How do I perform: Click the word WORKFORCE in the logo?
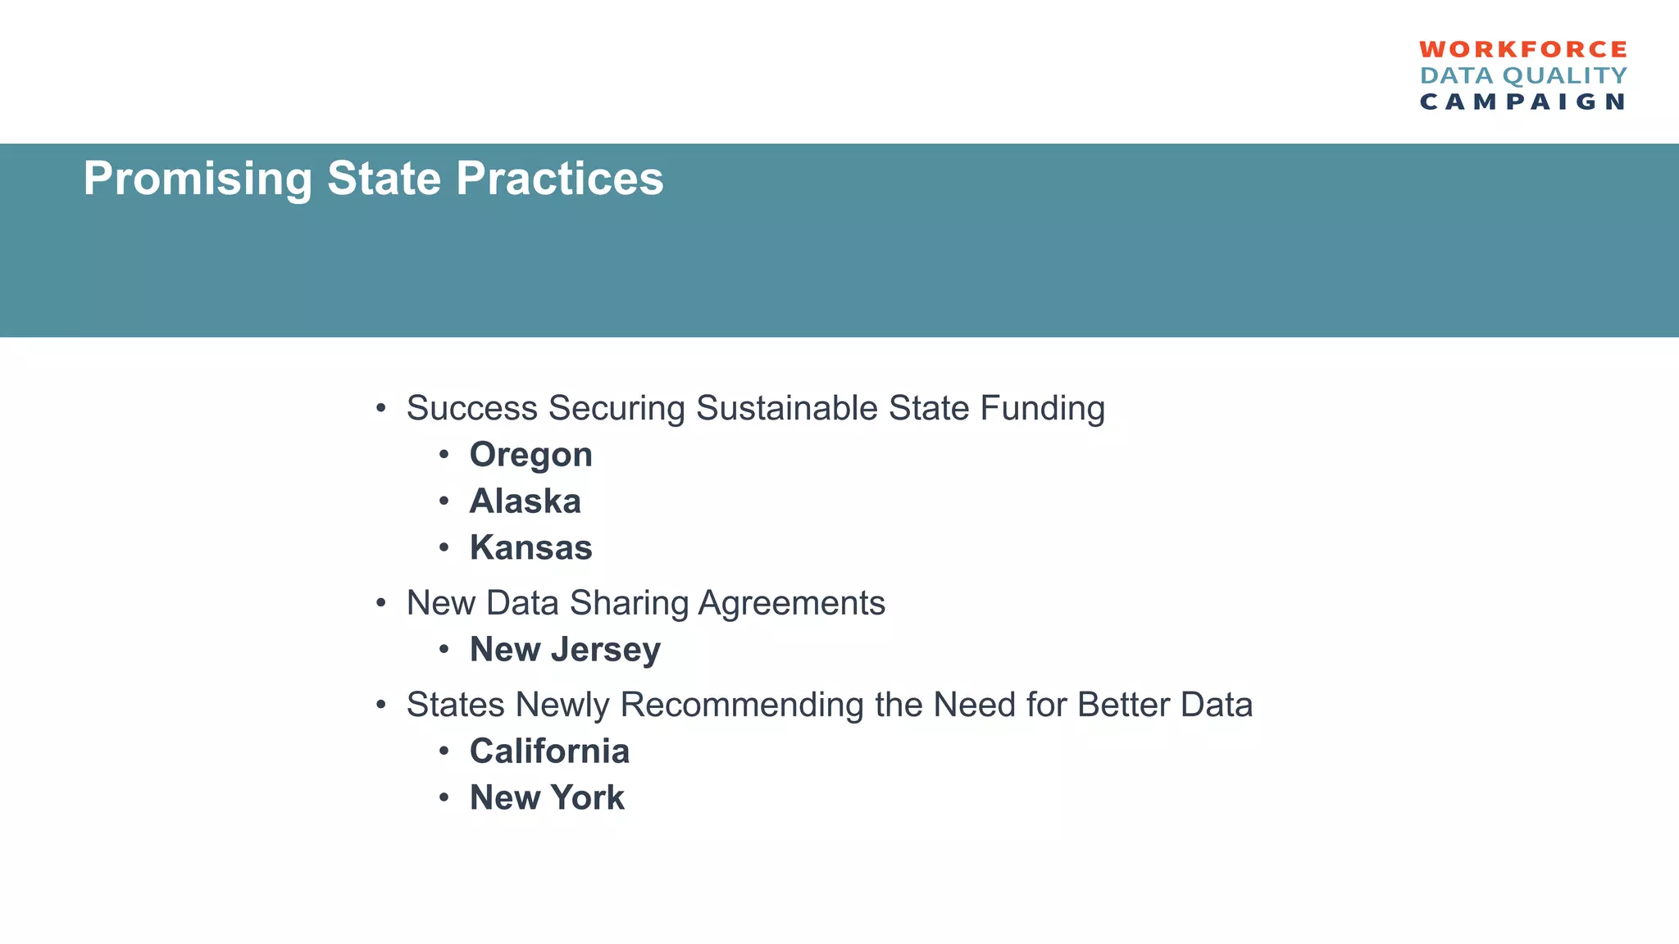coord(1522,50)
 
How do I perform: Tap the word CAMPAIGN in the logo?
coord(1522,102)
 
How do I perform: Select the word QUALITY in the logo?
coord(1565,76)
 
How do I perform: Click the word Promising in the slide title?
coord(198,179)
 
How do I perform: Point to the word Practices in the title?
coord(559,179)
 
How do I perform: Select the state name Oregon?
coord(530,456)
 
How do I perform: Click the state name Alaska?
coord(525,501)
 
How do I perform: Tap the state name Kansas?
coord(530,548)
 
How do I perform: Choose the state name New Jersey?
coord(565,650)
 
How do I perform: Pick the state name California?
coord(549,751)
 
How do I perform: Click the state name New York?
coord(547,798)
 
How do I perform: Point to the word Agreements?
coord(791,603)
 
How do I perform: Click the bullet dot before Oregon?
coord(444,455)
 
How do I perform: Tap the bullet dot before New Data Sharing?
coord(380,604)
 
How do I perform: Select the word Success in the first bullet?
coord(471,408)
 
